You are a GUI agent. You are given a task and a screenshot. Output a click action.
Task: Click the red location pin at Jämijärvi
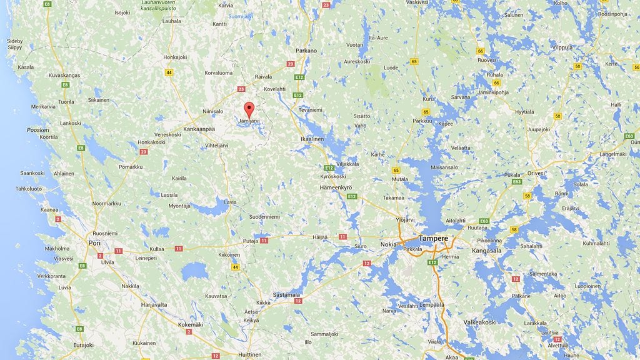[x=249, y=109]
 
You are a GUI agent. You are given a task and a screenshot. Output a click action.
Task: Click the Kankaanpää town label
[x=199, y=129]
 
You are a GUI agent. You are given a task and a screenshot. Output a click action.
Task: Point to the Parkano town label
[x=306, y=51]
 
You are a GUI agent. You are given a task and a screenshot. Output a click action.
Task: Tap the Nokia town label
[x=389, y=244]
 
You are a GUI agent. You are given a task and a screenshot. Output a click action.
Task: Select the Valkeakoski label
[x=479, y=322]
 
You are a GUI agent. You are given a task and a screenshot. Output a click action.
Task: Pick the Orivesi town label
[x=536, y=173]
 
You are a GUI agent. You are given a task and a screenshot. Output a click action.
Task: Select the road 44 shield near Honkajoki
[x=169, y=72]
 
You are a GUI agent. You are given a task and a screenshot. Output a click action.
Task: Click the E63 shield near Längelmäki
[x=629, y=136]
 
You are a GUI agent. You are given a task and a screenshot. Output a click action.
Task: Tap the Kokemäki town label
[x=191, y=325]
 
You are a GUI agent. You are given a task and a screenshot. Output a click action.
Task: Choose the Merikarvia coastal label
[x=43, y=107]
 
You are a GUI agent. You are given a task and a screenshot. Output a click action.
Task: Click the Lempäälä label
[x=431, y=305]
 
